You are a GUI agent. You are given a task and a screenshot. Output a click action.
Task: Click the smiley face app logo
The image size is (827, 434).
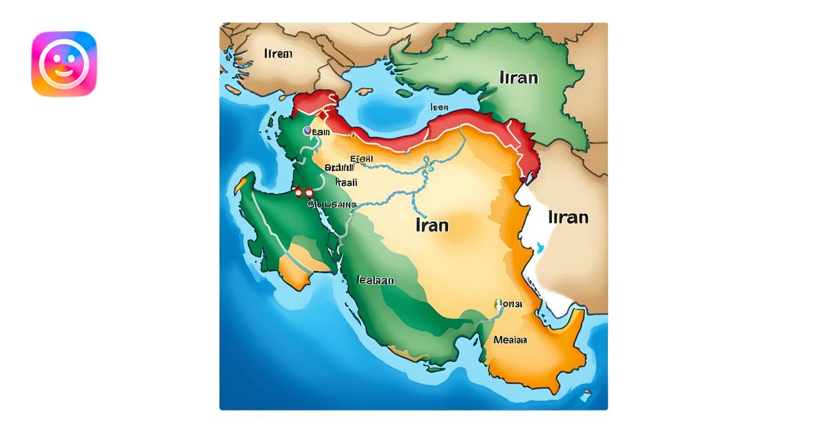(x=64, y=63)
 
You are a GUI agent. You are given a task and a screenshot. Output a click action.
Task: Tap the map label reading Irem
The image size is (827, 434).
(x=278, y=54)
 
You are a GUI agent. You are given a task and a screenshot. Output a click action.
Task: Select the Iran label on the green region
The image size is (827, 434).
(x=518, y=76)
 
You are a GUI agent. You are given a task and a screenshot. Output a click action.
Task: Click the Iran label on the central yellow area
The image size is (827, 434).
(x=432, y=225)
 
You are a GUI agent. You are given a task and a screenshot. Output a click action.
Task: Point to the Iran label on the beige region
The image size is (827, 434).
(x=568, y=217)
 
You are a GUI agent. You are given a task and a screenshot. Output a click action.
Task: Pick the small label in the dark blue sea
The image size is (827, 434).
(x=439, y=107)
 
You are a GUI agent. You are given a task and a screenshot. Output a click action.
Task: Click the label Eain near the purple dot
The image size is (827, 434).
(x=321, y=132)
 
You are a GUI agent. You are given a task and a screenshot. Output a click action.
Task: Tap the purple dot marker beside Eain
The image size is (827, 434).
(x=307, y=130)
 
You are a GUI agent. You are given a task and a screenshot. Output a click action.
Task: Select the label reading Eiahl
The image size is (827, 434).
(x=362, y=159)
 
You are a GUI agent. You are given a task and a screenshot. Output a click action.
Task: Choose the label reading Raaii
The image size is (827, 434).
(x=347, y=183)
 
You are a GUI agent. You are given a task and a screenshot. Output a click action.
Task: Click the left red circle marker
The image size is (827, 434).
(x=298, y=194)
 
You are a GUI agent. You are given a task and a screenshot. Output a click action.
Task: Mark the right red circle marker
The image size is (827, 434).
(x=309, y=194)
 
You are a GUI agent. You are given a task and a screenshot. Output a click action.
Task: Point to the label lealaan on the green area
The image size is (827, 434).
(x=376, y=280)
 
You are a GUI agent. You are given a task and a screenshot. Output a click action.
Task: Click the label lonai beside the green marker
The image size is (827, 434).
(x=511, y=304)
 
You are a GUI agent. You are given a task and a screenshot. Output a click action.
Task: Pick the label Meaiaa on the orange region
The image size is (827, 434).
(x=510, y=340)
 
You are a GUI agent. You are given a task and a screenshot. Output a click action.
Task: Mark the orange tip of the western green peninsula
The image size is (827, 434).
(x=241, y=185)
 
